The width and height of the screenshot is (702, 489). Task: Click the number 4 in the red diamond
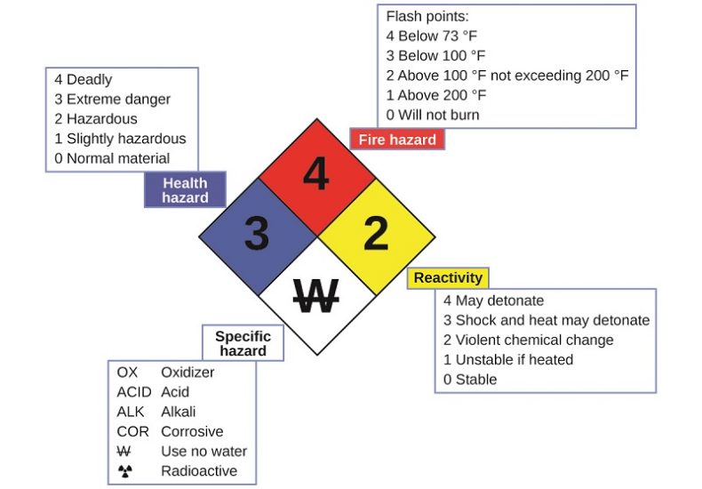pyautogui.click(x=315, y=175)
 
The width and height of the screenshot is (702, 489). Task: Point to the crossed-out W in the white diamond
pyautogui.click(x=315, y=296)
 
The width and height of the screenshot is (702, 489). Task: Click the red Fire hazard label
pyautogui.click(x=396, y=140)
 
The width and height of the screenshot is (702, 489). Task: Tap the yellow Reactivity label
pyautogui.click(x=448, y=278)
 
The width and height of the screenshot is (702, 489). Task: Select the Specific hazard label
pyautogui.click(x=243, y=343)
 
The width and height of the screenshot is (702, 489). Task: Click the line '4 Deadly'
pyautogui.click(x=84, y=80)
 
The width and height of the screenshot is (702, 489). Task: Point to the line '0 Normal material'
pyautogui.click(x=112, y=158)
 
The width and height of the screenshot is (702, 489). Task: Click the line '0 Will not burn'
pyautogui.click(x=433, y=115)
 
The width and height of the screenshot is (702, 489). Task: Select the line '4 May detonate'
pyautogui.click(x=493, y=301)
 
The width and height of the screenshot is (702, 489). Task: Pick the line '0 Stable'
pyautogui.click(x=470, y=379)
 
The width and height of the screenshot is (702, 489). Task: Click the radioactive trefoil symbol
pyautogui.click(x=124, y=471)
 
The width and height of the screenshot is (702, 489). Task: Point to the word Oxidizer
pyautogui.click(x=187, y=373)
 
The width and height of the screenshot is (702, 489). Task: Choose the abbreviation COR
pyautogui.click(x=132, y=431)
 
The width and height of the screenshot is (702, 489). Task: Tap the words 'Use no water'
pyautogui.click(x=203, y=451)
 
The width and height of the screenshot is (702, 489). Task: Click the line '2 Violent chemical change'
pyautogui.click(x=529, y=340)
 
